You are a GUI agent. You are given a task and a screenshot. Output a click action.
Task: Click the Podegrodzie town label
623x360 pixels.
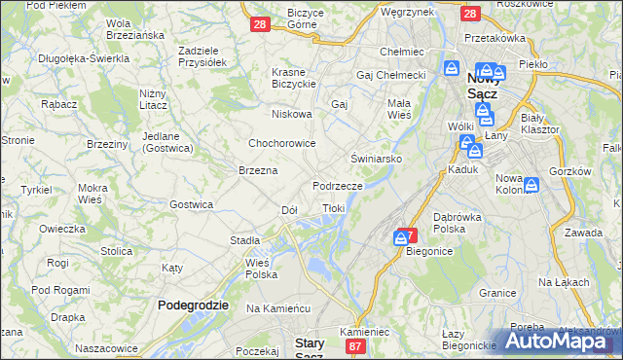click(x=193, y=305)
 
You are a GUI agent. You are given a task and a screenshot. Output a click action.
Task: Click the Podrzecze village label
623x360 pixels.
click(x=338, y=185)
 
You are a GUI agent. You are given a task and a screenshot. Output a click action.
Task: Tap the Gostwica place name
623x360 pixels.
click(x=191, y=204)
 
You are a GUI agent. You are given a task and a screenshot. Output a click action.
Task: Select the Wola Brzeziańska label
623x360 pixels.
click(x=132, y=28)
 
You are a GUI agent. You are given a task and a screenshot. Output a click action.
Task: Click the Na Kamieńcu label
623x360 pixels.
click(x=277, y=308)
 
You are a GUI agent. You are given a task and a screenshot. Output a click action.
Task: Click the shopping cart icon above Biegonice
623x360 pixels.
click(x=401, y=237)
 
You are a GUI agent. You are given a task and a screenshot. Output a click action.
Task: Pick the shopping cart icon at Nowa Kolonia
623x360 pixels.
click(x=532, y=185)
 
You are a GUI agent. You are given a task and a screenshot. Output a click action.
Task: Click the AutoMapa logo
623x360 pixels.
click(x=560, y=341)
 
